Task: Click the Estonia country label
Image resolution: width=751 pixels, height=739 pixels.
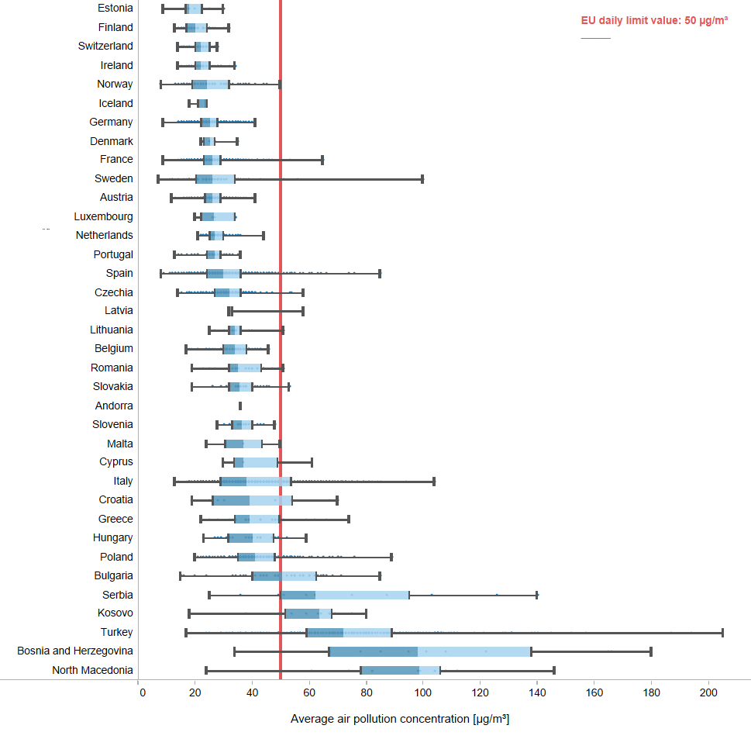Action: pos(115,9)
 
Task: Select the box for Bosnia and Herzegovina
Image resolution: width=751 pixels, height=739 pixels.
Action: pos(430,651)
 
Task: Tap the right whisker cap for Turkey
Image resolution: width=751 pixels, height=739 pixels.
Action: pos(722,633)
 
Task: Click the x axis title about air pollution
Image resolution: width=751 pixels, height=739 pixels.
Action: pos(400,719)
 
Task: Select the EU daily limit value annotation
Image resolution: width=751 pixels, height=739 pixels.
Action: pos(654,21)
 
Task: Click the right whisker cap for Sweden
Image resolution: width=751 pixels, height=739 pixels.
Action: pos(422,179)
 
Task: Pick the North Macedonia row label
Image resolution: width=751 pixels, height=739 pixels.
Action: pos(92,670)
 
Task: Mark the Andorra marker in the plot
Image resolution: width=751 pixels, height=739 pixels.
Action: pos(240,406)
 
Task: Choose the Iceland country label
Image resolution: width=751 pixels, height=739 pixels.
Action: pos(115,103)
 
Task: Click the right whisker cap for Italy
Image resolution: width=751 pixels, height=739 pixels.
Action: pos(434,482)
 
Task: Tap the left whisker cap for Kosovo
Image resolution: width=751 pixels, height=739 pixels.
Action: pos(189,614)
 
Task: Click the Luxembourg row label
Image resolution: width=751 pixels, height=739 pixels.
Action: pos(103,216)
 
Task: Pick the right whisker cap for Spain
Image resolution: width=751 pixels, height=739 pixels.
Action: pos(380,274)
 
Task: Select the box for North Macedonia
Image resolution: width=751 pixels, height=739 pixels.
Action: pos(401,671)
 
